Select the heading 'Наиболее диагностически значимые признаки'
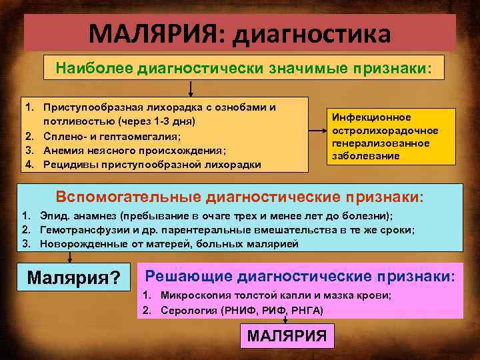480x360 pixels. [243, 68]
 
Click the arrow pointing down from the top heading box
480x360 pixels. [191, 89]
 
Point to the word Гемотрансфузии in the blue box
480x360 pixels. [79, 229]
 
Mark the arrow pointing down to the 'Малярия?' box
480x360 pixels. [67, 258]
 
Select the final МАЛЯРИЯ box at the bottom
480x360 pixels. [287, 336]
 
